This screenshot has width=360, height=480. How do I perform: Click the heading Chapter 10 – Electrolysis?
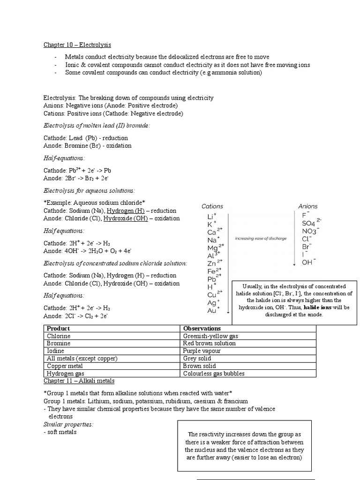[x=77, y=45]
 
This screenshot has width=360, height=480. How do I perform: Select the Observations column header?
[x=202, y=329]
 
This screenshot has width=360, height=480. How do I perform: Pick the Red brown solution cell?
[x=209, y=344]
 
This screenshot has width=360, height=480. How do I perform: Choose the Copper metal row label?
[x=65, y=366]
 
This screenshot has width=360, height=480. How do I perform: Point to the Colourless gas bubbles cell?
[x=214, y=374]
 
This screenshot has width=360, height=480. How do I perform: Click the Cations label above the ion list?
[x=212, y=206]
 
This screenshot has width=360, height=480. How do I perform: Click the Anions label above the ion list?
[x=307, y=206]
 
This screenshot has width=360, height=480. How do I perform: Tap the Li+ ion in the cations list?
[x=211, y=217]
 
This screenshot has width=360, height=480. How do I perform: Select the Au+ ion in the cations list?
[x=212, y=310]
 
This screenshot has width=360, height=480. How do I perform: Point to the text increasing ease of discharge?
[x=261, y=239]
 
